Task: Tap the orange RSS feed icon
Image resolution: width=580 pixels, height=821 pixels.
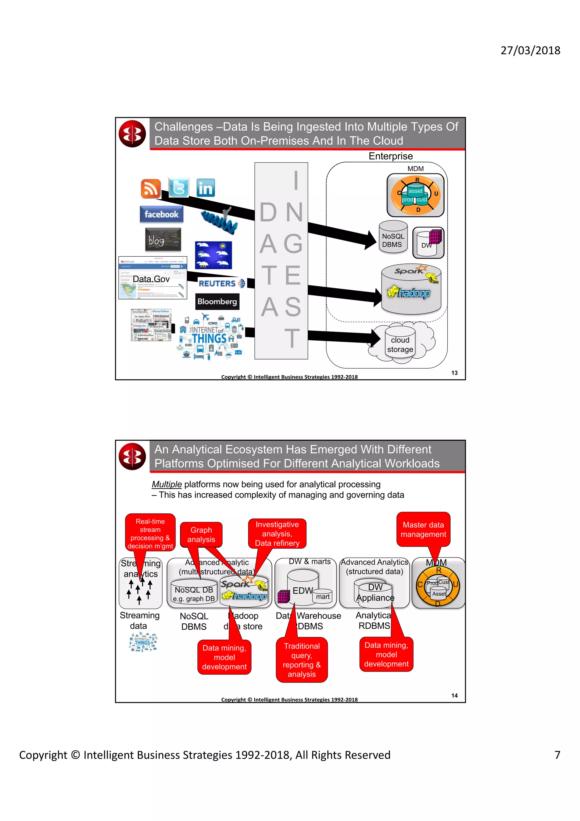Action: [150, 188]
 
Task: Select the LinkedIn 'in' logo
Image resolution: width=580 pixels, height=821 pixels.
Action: [206, 188]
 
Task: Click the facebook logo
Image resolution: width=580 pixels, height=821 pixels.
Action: [161, 214]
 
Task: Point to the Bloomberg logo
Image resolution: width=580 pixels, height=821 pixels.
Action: [217, 301]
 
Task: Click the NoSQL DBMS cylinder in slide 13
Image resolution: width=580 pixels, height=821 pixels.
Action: [393, 237]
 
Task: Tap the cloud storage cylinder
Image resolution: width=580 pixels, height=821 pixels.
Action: [400, 344]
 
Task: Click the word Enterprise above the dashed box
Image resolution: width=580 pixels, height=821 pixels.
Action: [390, 156]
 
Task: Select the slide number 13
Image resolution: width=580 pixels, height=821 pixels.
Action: [454, 373]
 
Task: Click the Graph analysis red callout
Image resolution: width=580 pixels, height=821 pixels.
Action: [201, 535]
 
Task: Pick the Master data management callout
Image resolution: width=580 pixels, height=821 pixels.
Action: [423, 529]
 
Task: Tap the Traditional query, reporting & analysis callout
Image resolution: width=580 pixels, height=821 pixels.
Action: [302, 660]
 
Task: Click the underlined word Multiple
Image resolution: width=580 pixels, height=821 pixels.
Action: [167, 484]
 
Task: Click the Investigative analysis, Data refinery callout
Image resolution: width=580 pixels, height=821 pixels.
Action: [277, 533]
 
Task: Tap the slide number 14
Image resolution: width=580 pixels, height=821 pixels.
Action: [454, 695]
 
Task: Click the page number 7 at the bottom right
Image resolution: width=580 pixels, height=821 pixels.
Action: [557, 755]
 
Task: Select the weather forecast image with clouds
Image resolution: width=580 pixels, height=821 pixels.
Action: [213, 255]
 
